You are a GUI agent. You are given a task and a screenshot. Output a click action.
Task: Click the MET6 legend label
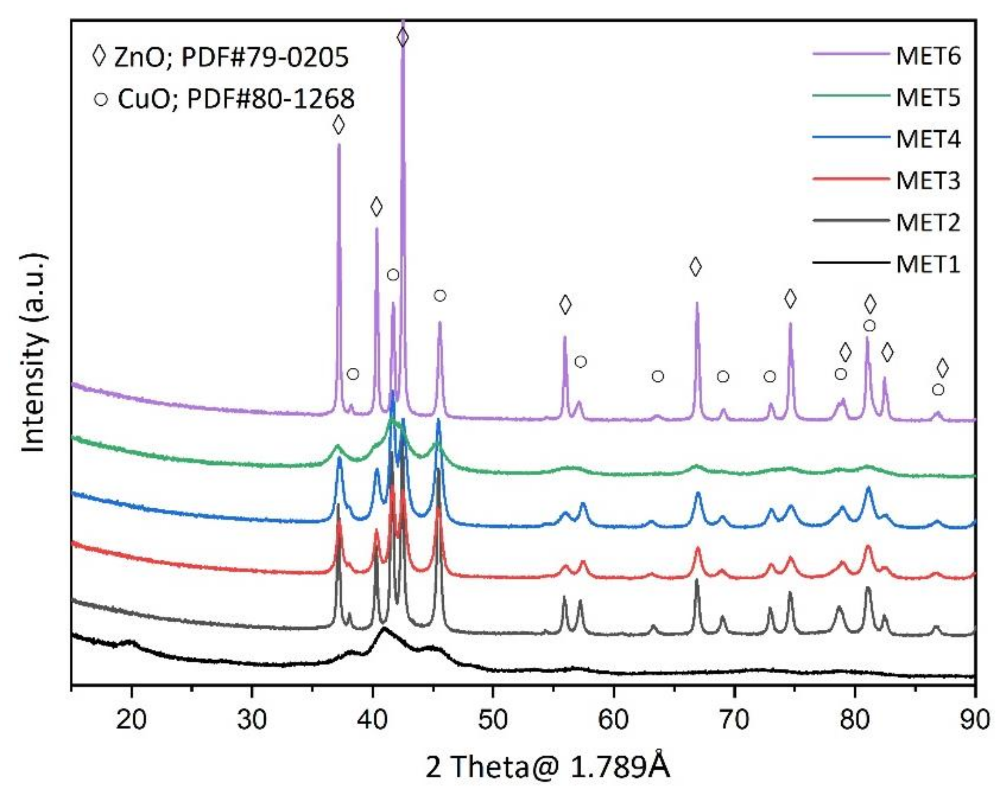point(927,57)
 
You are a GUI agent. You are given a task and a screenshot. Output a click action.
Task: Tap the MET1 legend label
point(927,264)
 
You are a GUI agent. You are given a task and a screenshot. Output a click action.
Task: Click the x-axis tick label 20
point(131,719)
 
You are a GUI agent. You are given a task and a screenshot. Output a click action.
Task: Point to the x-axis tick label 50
point(493,719)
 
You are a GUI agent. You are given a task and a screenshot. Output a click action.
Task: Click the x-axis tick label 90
point(974,719)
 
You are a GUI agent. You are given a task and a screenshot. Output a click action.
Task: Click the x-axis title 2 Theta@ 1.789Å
point(547,766)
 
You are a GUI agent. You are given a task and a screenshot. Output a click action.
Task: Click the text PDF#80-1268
point(270,99)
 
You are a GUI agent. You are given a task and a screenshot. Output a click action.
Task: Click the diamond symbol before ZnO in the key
point(99,57)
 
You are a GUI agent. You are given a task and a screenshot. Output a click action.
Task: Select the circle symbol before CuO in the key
point(101,99)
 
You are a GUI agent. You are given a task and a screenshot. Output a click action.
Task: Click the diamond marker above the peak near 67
point(695,266)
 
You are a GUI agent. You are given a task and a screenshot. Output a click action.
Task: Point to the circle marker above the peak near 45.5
point(439,295)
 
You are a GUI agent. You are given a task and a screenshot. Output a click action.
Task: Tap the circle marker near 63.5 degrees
point(657,376)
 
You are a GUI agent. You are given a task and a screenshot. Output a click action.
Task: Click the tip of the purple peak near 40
point(377,228)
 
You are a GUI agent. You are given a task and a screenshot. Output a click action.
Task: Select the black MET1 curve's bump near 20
point(131,642)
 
